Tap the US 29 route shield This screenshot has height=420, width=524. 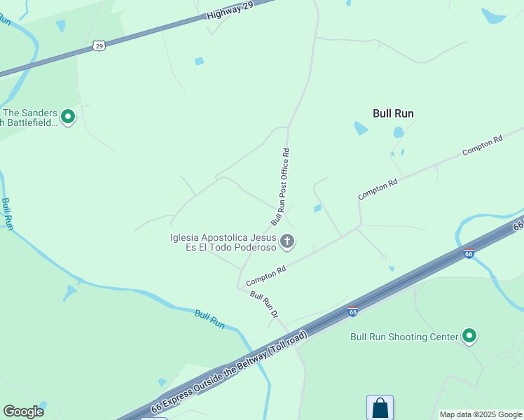(x=99, y=45)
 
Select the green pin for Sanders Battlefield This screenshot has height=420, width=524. (x=68, y=117)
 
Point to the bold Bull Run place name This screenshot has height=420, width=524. (x=393, y=113)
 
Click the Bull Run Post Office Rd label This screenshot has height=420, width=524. (x=281, y=186)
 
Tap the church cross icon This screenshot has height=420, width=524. (x=287, y=242)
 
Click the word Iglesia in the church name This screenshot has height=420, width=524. (x=186, y=237)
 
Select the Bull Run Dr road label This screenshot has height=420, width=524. (x=264, y=307)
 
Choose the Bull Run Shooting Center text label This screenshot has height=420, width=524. (x=404, y=337)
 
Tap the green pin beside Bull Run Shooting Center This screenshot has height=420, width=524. (x=469, y=337)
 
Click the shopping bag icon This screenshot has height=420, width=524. (x=380, y=407)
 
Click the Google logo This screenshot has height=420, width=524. (x=23, y=412)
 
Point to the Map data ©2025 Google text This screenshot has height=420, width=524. (x=481, y=414)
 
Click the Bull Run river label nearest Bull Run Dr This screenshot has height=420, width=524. (x=209, y=320)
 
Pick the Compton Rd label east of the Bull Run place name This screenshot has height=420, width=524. (x=483, y=146)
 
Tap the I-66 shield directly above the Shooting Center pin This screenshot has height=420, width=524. (x=469, y=253)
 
